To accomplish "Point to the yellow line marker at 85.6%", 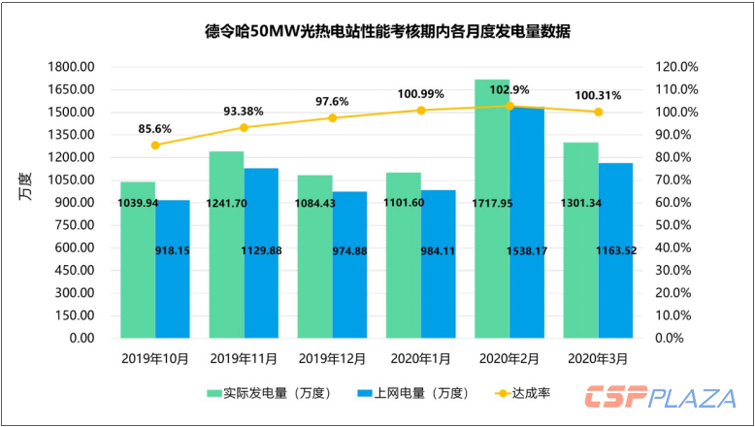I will pos(155,145).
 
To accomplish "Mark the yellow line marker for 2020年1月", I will pos(421,110).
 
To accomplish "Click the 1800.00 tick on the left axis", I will pos(72,67).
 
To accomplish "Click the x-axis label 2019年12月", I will pos(332,358).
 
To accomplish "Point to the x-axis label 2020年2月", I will pos(509,358).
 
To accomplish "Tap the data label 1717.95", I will pos(493,203).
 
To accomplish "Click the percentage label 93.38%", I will pos(245,109).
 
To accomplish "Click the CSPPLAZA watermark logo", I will pos(659,398).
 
